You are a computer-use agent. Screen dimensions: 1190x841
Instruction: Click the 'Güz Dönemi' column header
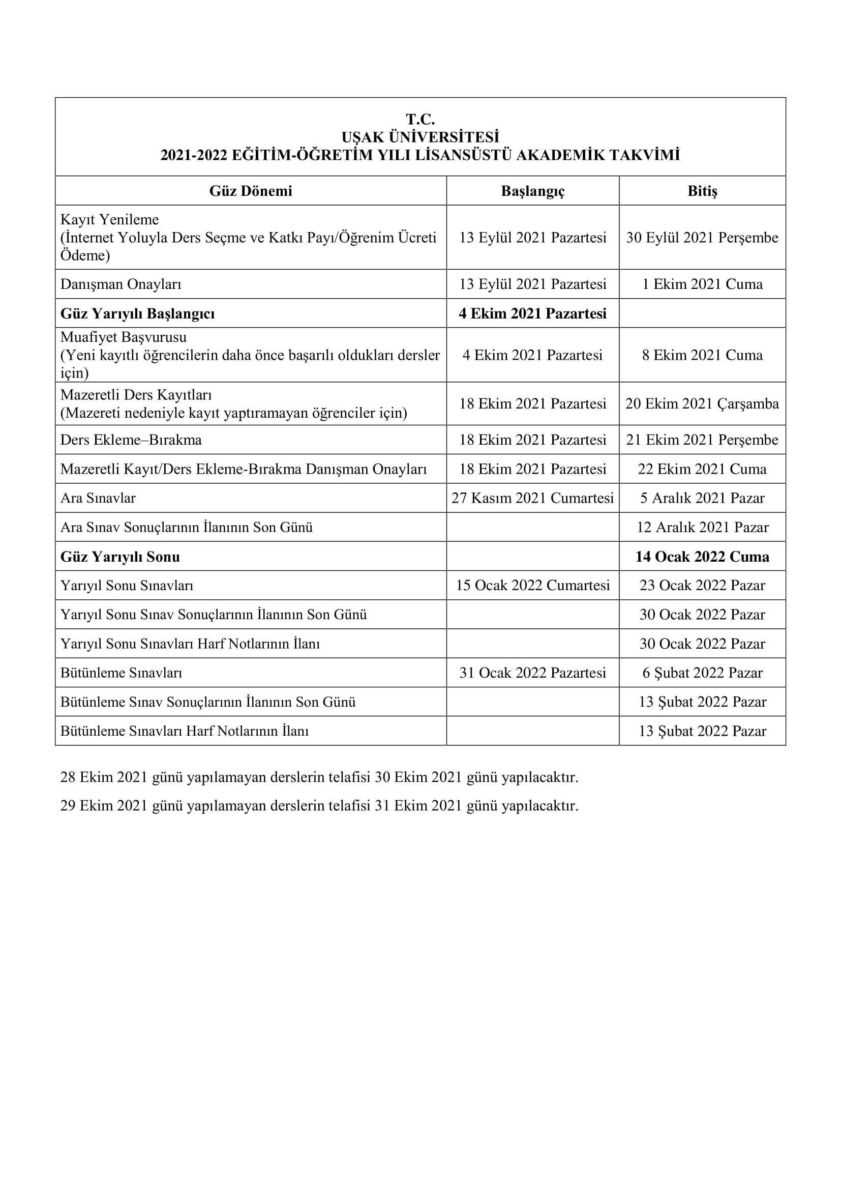251,191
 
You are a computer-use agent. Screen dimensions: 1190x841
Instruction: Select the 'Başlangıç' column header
532,191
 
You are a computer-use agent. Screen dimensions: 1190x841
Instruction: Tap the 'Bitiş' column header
702,191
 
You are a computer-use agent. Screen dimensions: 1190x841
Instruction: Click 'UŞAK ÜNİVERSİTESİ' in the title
420,137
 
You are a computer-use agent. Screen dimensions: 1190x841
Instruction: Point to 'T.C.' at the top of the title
420,120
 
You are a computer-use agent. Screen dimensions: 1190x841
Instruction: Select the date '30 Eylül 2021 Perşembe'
702,238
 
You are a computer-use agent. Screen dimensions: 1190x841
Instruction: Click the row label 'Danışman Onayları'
121,284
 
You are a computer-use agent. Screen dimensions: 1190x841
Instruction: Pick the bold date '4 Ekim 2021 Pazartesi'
532,313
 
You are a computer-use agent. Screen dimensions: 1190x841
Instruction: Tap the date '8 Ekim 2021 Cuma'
702,355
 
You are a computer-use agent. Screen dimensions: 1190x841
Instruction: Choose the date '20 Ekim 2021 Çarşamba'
702,404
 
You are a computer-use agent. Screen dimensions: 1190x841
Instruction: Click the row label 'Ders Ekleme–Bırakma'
131,440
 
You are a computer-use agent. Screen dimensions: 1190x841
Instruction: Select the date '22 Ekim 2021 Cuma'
702,469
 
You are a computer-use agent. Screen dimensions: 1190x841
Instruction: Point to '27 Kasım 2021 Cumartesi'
532,498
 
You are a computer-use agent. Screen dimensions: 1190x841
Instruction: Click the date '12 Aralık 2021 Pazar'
702,527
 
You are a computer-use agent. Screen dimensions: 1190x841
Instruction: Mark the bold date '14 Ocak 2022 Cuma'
702,557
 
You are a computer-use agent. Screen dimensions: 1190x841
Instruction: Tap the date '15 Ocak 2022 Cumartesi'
532,585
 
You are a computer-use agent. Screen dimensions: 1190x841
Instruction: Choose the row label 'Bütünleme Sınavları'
121,673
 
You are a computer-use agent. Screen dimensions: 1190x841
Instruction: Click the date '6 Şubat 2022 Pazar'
702,673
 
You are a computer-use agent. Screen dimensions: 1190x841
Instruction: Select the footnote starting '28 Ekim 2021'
319,777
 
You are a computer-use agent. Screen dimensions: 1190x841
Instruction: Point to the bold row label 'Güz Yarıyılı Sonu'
120,557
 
